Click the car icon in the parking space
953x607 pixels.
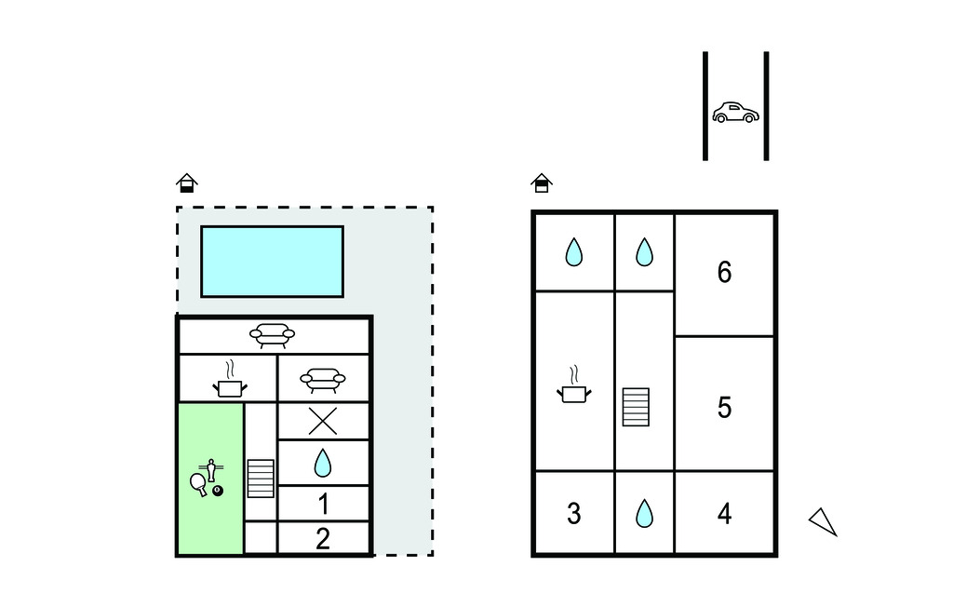[x=735, y=113]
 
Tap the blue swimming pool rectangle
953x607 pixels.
[x=273, y=262]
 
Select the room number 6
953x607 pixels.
[x=724, y=272]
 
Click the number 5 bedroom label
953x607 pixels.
[x=724, y=408]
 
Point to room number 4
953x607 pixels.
[x=724, y=514]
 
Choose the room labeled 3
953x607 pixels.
[x=573, y=514]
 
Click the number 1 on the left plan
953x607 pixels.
[x=323, y=505]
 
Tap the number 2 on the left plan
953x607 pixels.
[x=323, y=539]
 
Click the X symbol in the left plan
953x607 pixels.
[x=323, y=421]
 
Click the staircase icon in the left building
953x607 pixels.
[x=261, y=479]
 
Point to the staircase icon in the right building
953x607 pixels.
[x=636, y=407]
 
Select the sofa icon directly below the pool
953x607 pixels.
[x=273, y=335]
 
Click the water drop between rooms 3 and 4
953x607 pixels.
[x=644, y=513]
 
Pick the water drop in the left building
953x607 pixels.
[x=323, y=463]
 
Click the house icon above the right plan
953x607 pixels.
[x=542, y=182]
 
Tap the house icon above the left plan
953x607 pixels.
[x=187, y=182]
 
